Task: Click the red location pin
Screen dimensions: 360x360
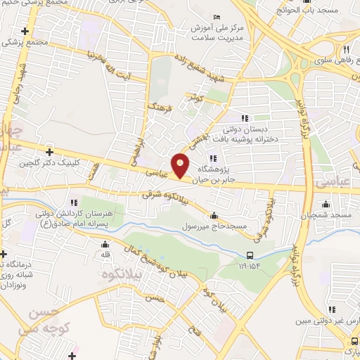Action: click(181, 165)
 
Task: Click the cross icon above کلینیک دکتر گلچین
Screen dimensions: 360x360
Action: click(49, 151)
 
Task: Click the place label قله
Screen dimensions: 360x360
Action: click(107, 254)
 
